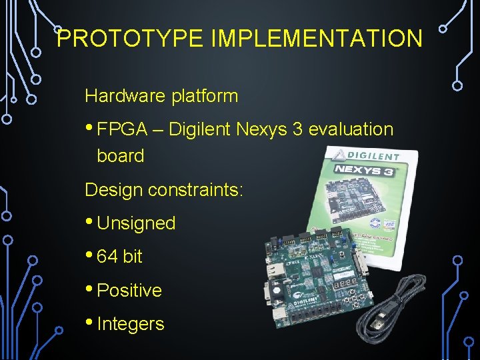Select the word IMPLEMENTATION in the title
tap(316, 39)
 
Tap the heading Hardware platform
tap(161, 96)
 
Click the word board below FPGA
tap(121, 156)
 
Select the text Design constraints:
tap(164, 190)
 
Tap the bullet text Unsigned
tap(136, 223)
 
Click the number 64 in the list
tap(107, 257)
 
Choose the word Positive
tap(129, 291)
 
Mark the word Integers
tap(131, 324)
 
